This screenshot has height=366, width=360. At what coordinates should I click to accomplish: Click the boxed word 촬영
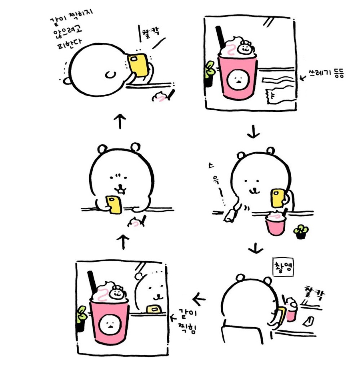coord(283,267)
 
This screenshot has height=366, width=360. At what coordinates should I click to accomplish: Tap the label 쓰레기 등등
coord(326,74)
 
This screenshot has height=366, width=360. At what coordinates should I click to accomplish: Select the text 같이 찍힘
coord(187,321)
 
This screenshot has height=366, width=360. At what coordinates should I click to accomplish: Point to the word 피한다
coord(69,44)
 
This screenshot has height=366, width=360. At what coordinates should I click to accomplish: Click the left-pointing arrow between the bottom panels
coord(199,299)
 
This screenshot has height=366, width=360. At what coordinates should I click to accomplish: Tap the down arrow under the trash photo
coord(253,131)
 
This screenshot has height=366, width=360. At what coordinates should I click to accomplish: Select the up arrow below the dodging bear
coord(120,121)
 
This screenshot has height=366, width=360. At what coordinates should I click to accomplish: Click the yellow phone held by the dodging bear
coord(138,65)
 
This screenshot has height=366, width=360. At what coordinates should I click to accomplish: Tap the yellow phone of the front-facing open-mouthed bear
coord(114,205)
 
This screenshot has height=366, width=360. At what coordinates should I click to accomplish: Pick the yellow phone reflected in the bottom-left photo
coord(154,308)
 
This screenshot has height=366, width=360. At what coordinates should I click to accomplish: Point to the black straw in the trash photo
coord(220,38)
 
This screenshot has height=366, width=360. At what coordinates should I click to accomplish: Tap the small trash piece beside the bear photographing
coord(308,321)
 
